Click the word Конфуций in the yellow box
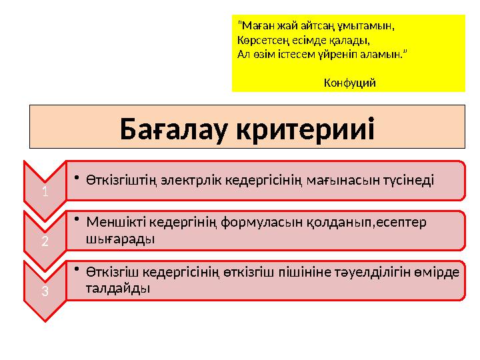tap(349, 83)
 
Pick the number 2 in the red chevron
tap(44, 241)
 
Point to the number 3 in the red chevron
tap(44, 291)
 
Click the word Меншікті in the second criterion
tap(115, 221)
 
